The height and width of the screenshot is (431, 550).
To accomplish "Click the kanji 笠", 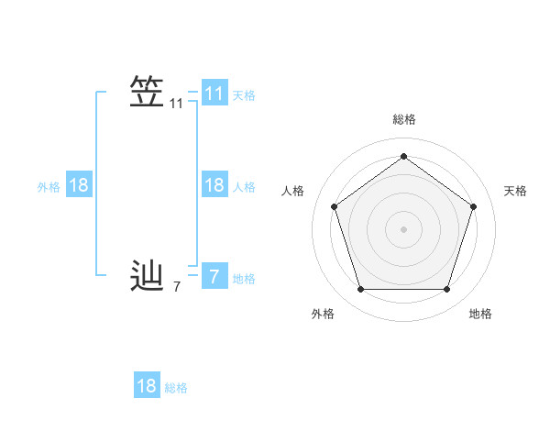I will tap(147, 93).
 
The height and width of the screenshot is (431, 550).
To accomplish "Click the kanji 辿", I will tap(147, 275).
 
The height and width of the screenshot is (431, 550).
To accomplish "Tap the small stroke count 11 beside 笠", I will tap(177, 105).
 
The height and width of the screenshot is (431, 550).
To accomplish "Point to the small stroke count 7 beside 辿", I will tap(177, 287).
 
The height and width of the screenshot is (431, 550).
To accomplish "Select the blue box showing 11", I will tap(214, 94).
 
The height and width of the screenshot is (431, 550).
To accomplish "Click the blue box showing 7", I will tap(214, 276).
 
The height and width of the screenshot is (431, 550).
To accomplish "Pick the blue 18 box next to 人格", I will tap(214, 185).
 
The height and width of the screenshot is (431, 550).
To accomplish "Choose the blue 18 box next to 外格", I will tap(79, 185).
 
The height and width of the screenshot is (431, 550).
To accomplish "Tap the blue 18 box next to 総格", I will tap(147, 386).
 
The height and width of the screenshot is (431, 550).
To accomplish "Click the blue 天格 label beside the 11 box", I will tap(244, 95).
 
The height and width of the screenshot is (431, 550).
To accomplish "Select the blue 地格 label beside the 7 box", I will tap(244, 279).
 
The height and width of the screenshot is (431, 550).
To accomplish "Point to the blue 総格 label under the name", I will tap(176, 388).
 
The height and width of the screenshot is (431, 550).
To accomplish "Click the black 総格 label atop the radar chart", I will tap(403, 119).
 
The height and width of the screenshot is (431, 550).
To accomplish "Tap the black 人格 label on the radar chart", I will tap(293, 191).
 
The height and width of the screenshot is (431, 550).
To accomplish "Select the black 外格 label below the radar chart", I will tap(323, 314).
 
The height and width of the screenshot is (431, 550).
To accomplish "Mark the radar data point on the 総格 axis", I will tap(403, 156).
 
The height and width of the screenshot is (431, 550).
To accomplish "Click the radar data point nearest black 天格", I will tap(473, 206).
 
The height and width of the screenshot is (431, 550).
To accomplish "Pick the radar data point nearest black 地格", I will tap(446, 289).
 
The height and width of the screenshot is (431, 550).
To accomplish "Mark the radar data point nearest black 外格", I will tap(360, 289).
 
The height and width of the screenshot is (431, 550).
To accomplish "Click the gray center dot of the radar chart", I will tap(403, 228).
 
